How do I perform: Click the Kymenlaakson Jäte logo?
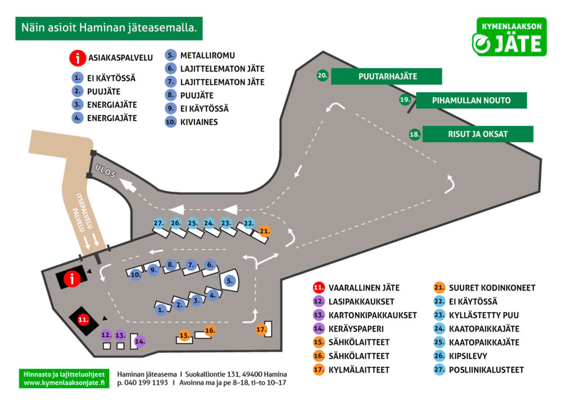point(509,37)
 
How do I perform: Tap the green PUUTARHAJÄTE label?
point(387,76)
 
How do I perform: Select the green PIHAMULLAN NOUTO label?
point(471,100)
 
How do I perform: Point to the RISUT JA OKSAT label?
point(478,134)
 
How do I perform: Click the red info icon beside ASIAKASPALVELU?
point(78,57)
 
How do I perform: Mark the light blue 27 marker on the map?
point(159,223)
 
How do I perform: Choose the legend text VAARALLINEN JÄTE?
point(364,288)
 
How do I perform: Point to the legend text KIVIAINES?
point(199,122)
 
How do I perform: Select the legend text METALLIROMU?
point(207,55)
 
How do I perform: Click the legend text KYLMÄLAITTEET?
point(359,370)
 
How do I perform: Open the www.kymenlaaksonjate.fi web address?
point(64,383)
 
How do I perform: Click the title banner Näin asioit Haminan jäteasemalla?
point(109,27)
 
